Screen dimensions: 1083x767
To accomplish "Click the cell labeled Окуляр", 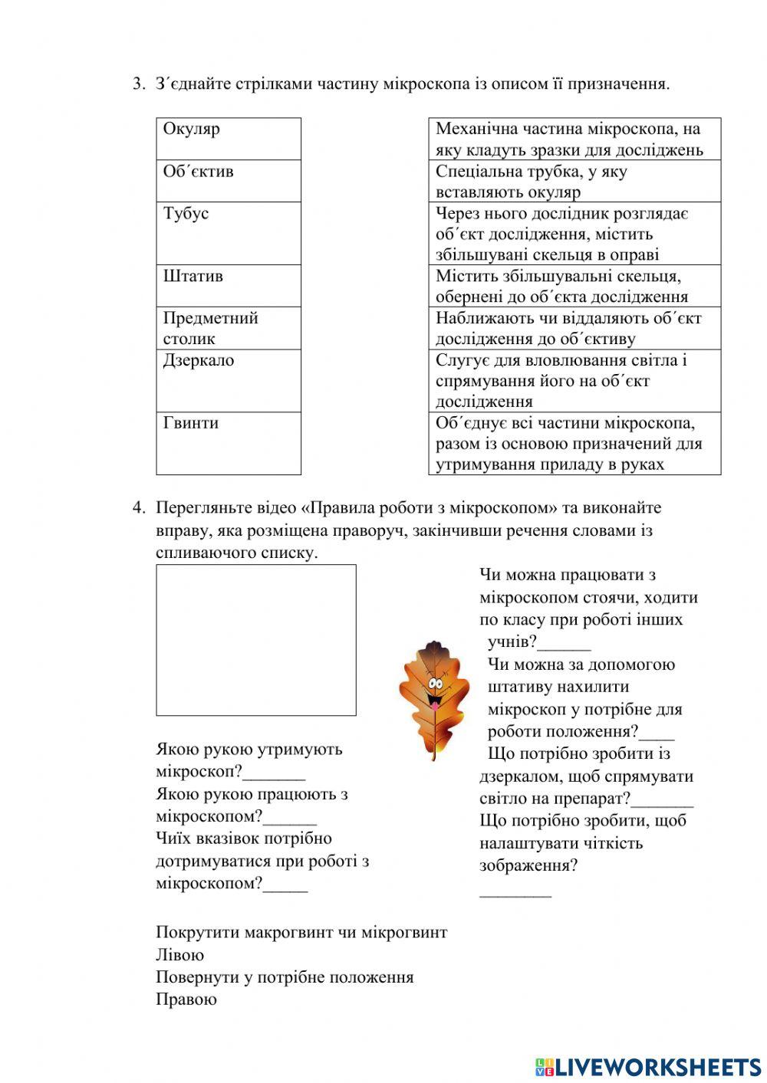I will pos(228,139).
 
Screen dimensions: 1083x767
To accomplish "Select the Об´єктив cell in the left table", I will pos(228,181).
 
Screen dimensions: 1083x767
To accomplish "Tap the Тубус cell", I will pos(228,233).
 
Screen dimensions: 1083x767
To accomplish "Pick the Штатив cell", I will pos(228,285).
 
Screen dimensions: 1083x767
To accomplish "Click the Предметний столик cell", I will pos(228,328).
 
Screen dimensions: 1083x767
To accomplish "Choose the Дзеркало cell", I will pos(228,380).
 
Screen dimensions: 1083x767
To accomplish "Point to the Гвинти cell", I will pos(228,443).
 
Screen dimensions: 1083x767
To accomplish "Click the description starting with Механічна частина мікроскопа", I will pos(574,139).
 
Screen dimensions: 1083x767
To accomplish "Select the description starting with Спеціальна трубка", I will pos(574,181).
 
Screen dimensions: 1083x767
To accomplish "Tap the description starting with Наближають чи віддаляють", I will pos(574,328).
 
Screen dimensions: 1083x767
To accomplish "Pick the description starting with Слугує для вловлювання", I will pos(574,380).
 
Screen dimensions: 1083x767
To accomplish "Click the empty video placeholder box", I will pos(256,640).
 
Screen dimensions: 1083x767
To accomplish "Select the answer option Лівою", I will pos(180,955).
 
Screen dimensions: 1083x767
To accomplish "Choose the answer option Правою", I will pos(186,999).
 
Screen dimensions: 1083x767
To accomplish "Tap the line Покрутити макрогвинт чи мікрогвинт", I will pos(301,933).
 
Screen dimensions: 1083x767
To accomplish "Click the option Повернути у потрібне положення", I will pos(285,977).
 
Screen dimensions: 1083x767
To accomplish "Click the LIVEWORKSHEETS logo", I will pos(648,1066).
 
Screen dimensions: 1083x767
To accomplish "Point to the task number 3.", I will pos(138,84).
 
